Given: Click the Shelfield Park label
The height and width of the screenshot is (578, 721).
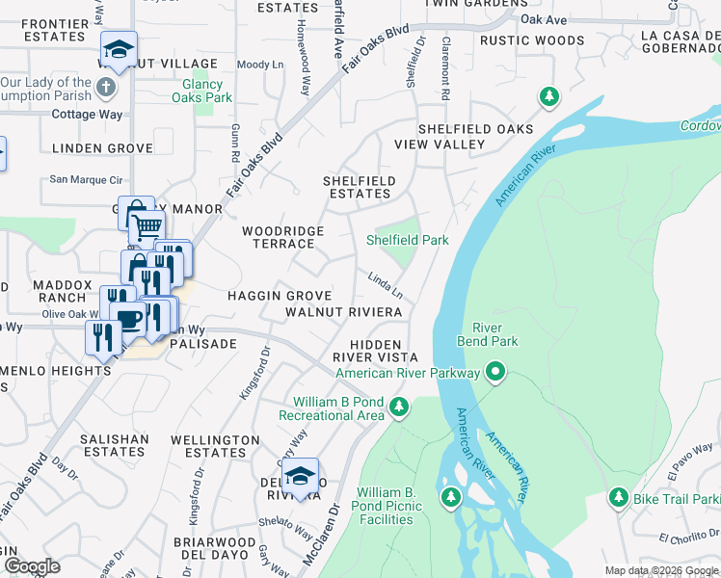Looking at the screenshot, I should tap(408, 240).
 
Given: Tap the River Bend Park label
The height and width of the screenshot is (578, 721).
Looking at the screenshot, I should tap(494, 334).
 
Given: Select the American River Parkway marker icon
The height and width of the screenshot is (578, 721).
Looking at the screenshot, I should tap(496, 371).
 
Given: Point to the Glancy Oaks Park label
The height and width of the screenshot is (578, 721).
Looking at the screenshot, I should tap(207, 92).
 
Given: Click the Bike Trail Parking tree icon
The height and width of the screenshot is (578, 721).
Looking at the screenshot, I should tap(618, 497).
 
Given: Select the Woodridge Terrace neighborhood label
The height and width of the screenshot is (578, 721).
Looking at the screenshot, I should tap(282, 238).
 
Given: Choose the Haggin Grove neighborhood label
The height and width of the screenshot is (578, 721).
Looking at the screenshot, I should tap(280, 296).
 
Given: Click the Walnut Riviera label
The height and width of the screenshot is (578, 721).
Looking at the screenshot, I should tap(343, 312).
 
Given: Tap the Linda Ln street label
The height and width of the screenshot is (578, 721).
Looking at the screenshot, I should tap(385, 284).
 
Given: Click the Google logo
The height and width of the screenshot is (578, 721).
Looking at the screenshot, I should tap(32, 566).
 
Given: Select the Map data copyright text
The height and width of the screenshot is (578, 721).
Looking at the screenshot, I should tap(661, 570).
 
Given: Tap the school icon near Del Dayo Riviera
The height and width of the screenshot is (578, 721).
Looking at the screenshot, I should tap(301, 476).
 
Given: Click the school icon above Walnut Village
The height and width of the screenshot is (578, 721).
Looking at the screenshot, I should tap(119, 50).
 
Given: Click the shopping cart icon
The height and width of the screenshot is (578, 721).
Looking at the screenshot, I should tap(146, 228).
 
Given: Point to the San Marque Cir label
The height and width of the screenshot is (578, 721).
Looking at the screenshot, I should tap(87, 179).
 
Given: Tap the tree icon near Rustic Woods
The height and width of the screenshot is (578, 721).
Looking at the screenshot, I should tap(548, 96).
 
